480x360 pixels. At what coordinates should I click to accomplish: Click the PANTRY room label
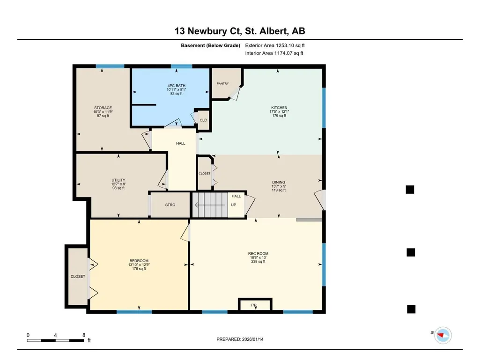[222, 84]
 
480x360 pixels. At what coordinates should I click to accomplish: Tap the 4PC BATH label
[177, 86]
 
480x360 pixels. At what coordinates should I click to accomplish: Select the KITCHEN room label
[279, 108]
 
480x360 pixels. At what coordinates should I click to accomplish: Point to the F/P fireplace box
[255, 305]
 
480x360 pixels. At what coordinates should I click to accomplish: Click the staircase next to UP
[210, 205]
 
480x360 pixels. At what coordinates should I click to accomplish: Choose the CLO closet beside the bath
[203, 120]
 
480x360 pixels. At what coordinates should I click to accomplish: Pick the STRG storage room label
[170, 205]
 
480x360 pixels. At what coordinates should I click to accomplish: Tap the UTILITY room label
[118, 180]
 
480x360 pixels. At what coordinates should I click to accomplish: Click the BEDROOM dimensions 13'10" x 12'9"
[139, 265]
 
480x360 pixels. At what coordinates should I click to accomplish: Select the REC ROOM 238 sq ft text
[258, 261]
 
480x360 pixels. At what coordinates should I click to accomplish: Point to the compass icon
[443, 335]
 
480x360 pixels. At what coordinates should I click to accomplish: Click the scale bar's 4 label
[55, 335]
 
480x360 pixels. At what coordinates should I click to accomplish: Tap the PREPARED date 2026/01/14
[252, 339]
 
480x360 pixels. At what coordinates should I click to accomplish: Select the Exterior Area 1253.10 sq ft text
[275, 45]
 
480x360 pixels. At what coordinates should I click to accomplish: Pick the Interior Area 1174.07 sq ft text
[274, 53]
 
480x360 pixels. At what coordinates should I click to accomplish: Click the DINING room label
[279, 182]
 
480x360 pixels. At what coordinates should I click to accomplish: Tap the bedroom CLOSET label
[78, 276]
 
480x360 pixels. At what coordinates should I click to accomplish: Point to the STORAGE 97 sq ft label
[103, 116]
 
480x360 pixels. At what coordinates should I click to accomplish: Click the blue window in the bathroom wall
[182, 66]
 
